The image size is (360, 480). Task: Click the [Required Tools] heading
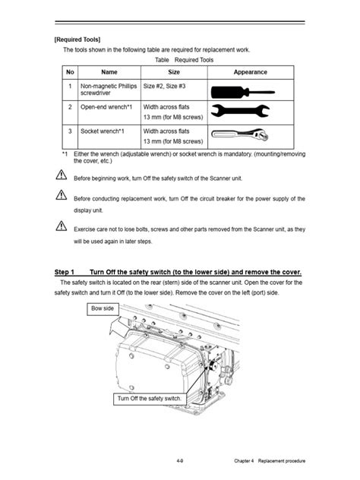pos(77,39)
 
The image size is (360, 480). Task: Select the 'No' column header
pos(70,72)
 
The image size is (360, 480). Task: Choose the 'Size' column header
pos(173,72)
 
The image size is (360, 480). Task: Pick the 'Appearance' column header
pos(250,72)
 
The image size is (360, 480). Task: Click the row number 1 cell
pos(70,87)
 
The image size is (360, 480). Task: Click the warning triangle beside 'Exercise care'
pos(60,226)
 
